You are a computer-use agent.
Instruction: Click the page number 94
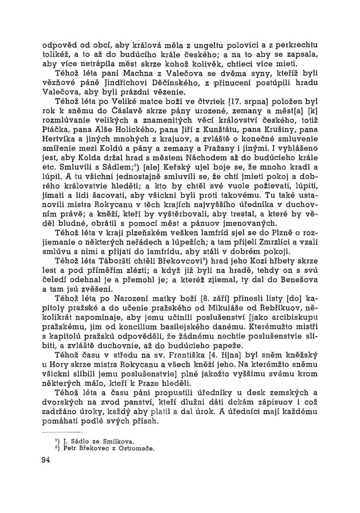[46, 460]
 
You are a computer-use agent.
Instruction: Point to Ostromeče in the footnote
[136, 448]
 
